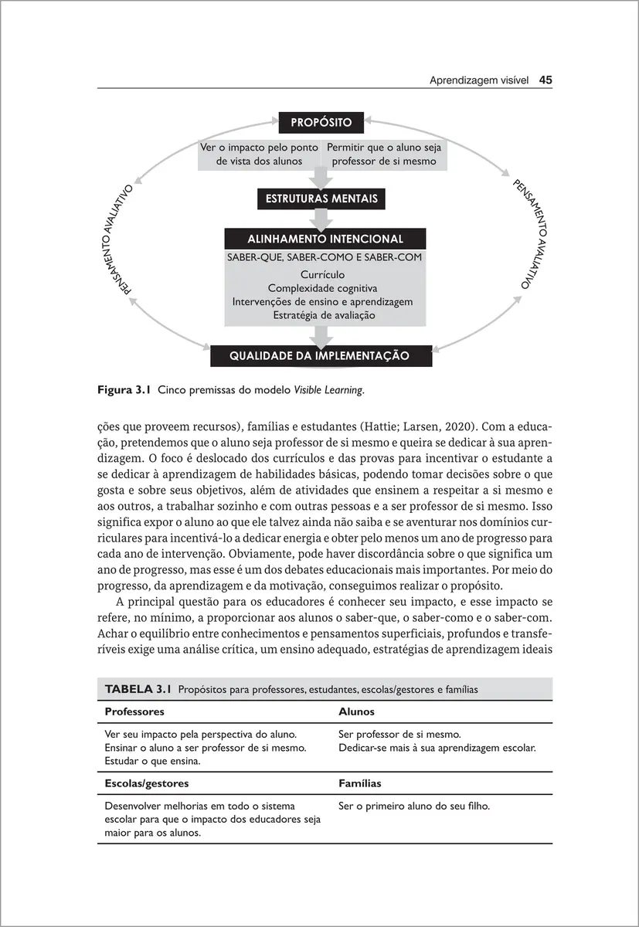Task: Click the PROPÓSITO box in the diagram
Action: tap(321, 123)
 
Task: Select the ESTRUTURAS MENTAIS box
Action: tap(321, 199)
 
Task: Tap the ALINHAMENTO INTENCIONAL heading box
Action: tap(325, 239)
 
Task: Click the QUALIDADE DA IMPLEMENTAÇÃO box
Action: tap(321, 356)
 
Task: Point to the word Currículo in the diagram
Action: tap(322, 274)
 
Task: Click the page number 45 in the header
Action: tap(546, 80)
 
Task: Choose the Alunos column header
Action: tap(356, 711)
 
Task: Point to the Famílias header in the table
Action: tap(359, 783)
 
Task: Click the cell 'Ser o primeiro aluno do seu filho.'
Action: tap(414, 806)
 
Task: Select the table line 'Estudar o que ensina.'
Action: tap(151, 761)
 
